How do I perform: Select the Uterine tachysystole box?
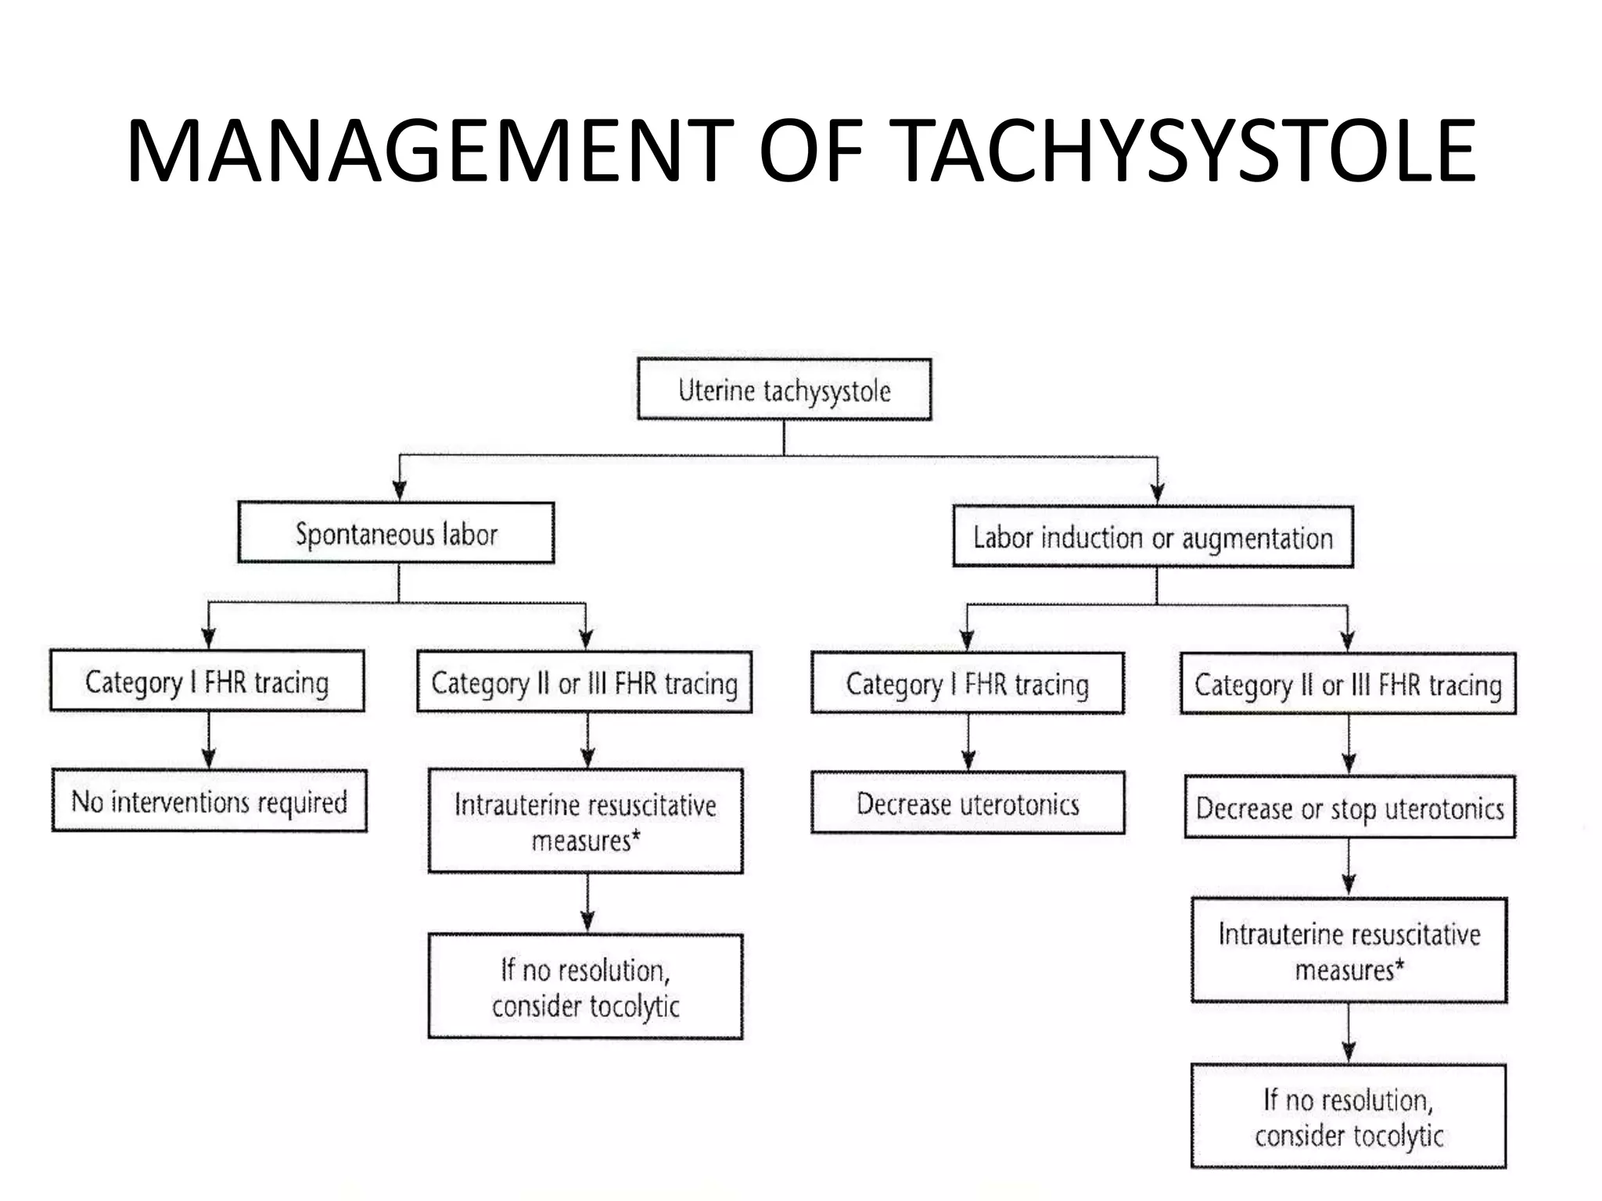tap(784, 389)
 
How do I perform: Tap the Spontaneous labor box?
tap(396, 533)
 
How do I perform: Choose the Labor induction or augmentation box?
tap(1153, 537)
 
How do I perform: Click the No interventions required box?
tap(209, 801)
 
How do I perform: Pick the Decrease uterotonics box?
tap(968, 803)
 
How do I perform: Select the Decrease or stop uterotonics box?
tap(1349, 807)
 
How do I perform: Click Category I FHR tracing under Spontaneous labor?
tap(207, 681)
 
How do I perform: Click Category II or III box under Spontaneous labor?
tap(584, 683)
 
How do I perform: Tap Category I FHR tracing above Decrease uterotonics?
tap(968, 683)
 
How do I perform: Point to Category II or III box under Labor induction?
tap(1348, 684)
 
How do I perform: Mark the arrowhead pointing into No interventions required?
tap(209, 758)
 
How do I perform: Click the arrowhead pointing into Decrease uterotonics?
tap(968, 760)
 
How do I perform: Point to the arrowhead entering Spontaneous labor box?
tap(400, 490)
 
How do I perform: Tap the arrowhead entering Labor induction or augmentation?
tap(1158, 493)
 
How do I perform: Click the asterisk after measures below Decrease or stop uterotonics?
tap(1400, 966)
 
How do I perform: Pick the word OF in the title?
tap(810, 151)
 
